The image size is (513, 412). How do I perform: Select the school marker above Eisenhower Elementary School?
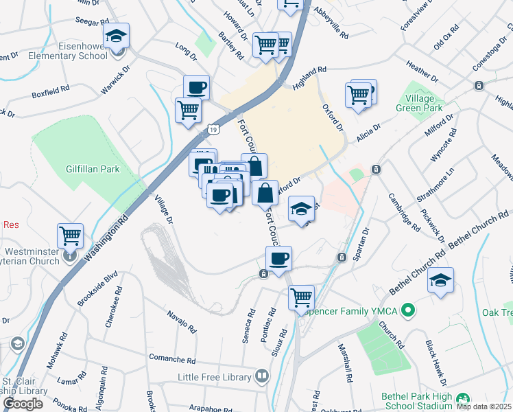117,36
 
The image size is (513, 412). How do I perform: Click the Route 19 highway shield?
214,128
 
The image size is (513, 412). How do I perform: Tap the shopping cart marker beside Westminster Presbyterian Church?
70,236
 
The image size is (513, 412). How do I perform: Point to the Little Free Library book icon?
261,376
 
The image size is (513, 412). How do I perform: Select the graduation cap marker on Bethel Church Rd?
440,281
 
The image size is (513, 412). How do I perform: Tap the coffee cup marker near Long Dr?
196,88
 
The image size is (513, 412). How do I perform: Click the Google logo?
23,404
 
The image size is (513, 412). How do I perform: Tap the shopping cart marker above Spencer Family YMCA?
301,298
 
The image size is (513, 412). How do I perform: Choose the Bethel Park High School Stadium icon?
464,398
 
